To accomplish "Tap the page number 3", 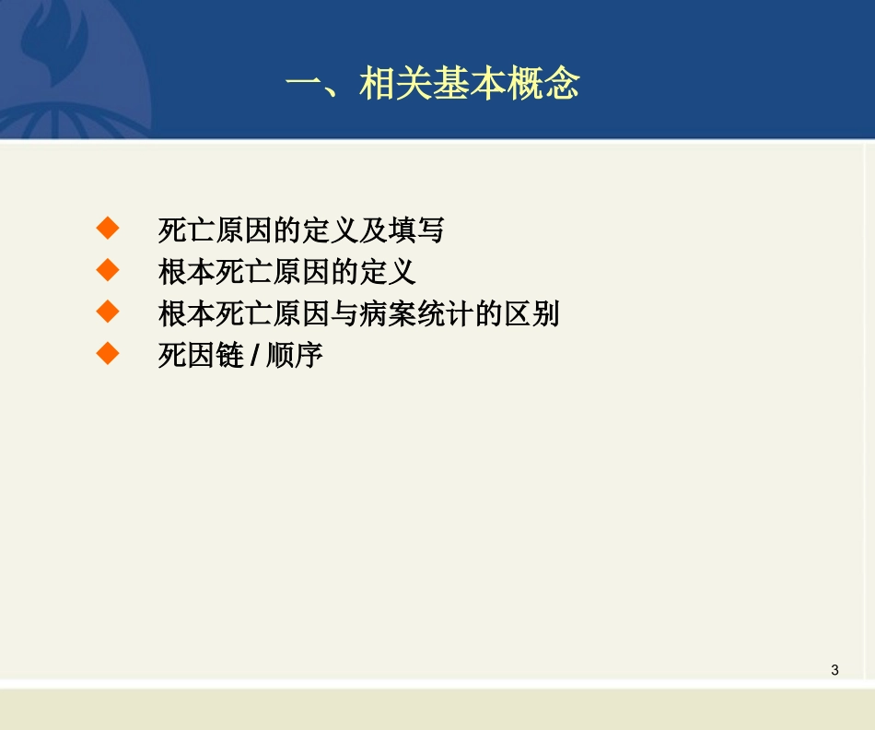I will [834, 670].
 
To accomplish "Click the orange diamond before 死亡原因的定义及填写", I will [109, 227].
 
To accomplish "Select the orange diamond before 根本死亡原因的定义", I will [109, 269].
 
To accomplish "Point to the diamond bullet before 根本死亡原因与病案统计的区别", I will [109, 312].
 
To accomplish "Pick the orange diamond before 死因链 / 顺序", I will [109, 354].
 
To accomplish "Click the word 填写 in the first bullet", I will [414, 230].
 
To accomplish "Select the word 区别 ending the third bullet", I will [531, 314].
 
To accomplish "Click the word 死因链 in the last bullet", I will [200, 357].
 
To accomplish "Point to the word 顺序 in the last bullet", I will [295, 357].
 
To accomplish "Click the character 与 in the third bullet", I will [343, 314].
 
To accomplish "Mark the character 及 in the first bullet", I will [371, 230].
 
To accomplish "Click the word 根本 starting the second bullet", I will [186, 272].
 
